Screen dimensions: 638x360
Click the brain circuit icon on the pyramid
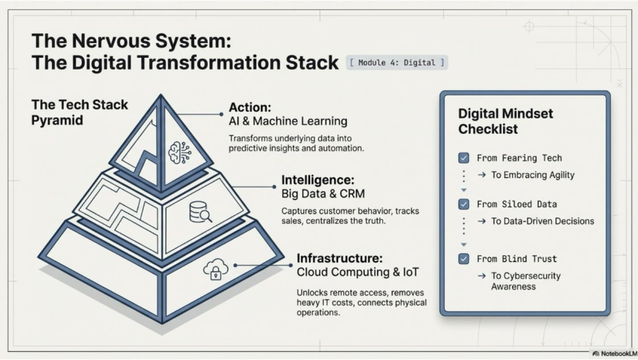[180, 153]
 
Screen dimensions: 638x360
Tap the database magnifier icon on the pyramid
[200, 212]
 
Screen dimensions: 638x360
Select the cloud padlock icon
[216, 269]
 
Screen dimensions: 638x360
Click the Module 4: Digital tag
[397, 63]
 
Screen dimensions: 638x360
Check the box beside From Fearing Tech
[463, 158]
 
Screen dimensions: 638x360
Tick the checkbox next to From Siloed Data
[463, 204]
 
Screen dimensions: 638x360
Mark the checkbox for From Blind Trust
[463, 259]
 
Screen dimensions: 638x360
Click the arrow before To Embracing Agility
[482, 175]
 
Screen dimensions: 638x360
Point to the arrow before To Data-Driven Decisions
[482, 221]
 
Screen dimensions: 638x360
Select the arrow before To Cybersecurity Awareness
[482, 275]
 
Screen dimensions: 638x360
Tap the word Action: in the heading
[250, 108]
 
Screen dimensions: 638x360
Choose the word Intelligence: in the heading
[318, 180]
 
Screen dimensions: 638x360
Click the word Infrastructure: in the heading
[340, 258]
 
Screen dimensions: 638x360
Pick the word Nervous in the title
[111, 41]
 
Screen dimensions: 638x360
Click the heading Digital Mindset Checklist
[505, 121]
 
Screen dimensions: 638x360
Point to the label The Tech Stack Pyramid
[79, 112]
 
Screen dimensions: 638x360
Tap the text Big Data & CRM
[323, 194]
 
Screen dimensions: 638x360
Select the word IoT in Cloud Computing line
[411, 272]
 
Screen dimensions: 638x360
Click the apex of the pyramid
[161, 95]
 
